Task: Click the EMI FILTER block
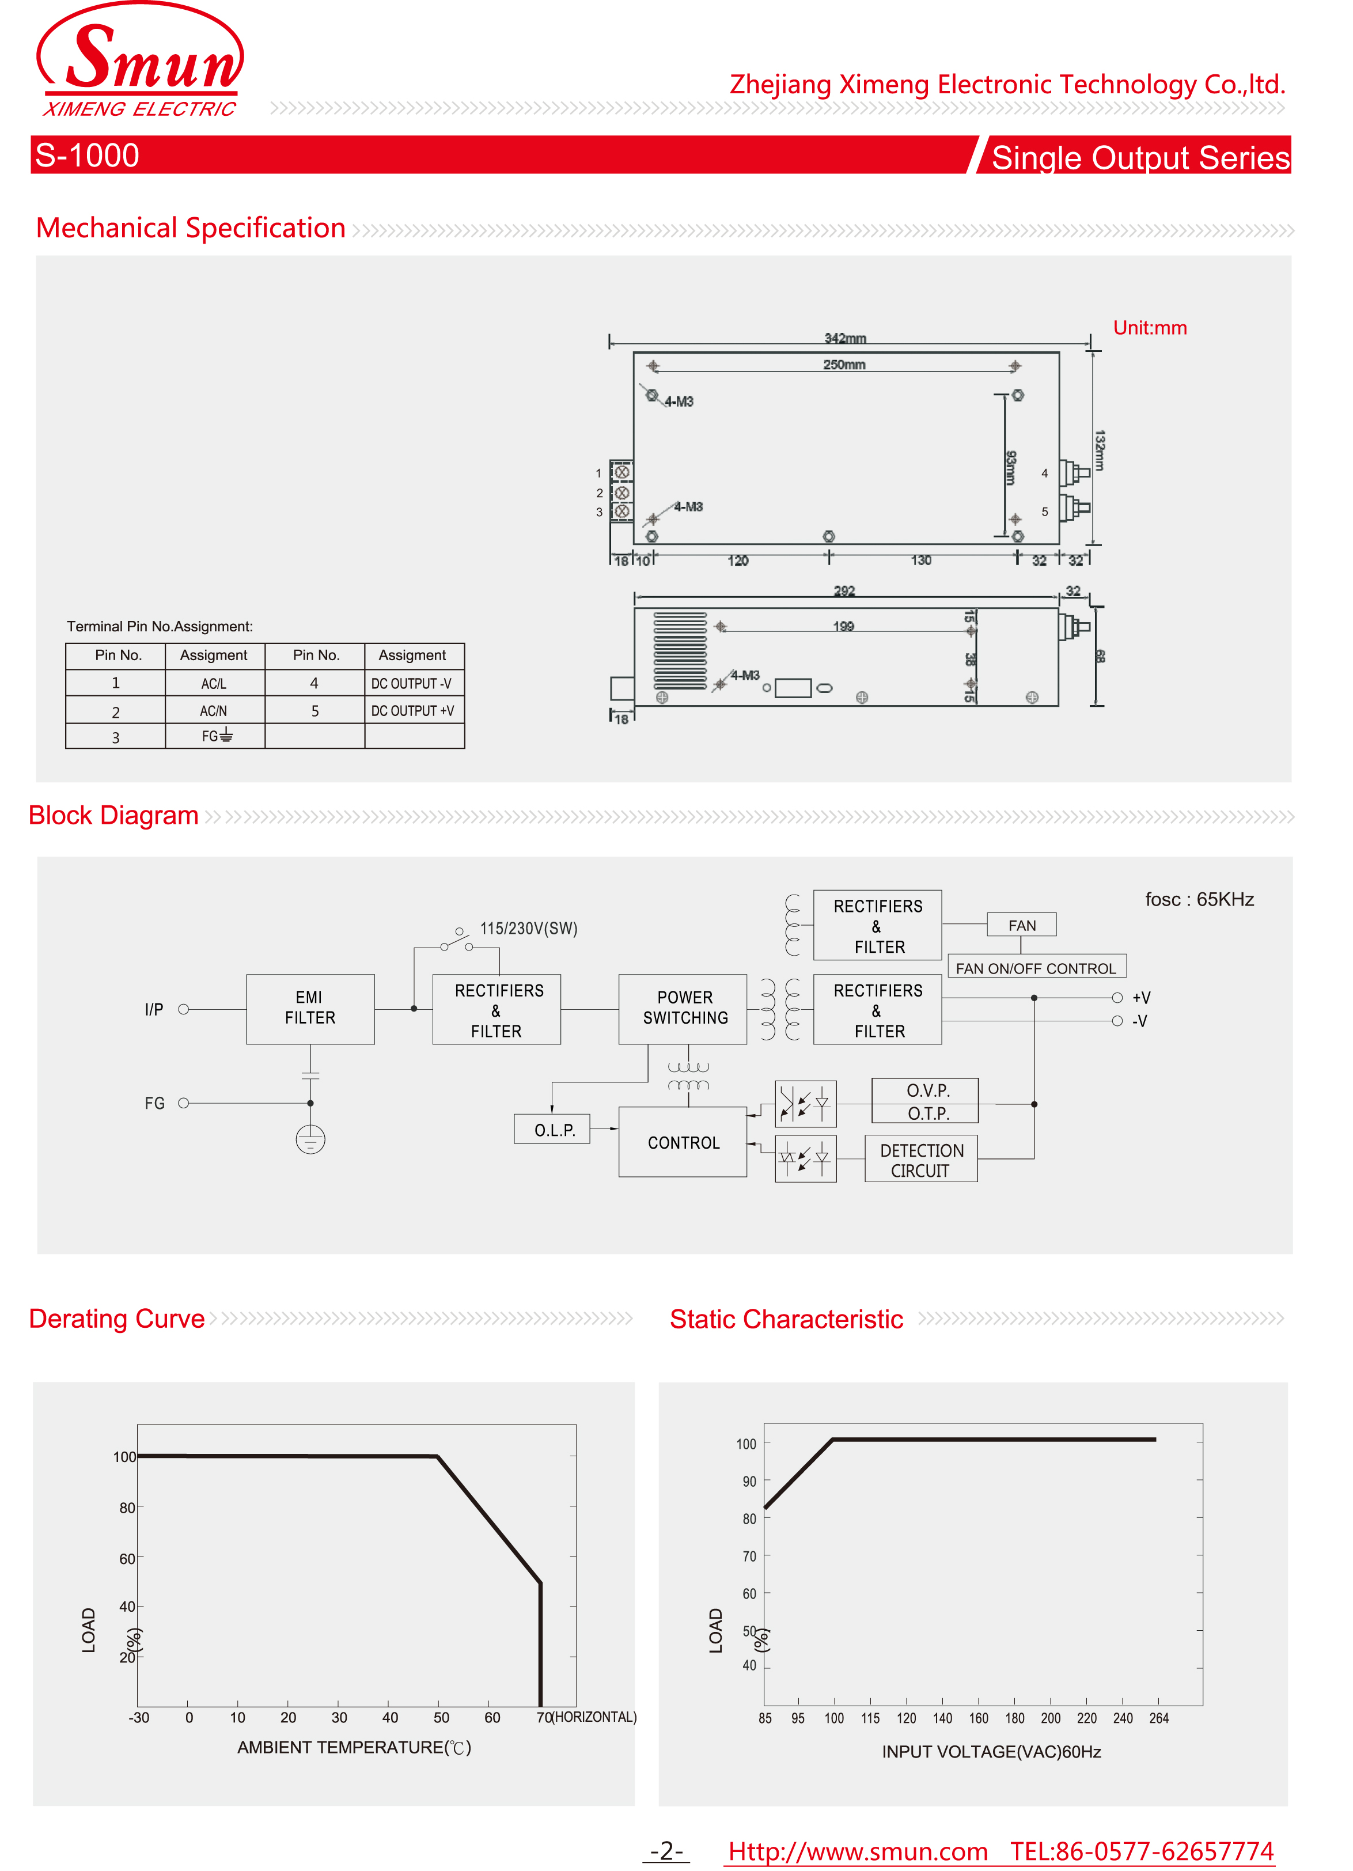310,1008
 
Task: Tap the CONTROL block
683,1142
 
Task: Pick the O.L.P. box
552,1130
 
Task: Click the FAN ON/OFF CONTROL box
1036,968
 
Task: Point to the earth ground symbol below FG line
310,1139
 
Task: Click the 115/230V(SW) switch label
529,928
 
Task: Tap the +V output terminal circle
1117,997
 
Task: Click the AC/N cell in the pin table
214,710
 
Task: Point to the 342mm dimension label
845,338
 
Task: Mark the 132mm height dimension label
1100,449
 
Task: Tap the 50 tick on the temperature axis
441,1717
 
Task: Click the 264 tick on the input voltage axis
1158,1718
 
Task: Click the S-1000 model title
88,155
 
